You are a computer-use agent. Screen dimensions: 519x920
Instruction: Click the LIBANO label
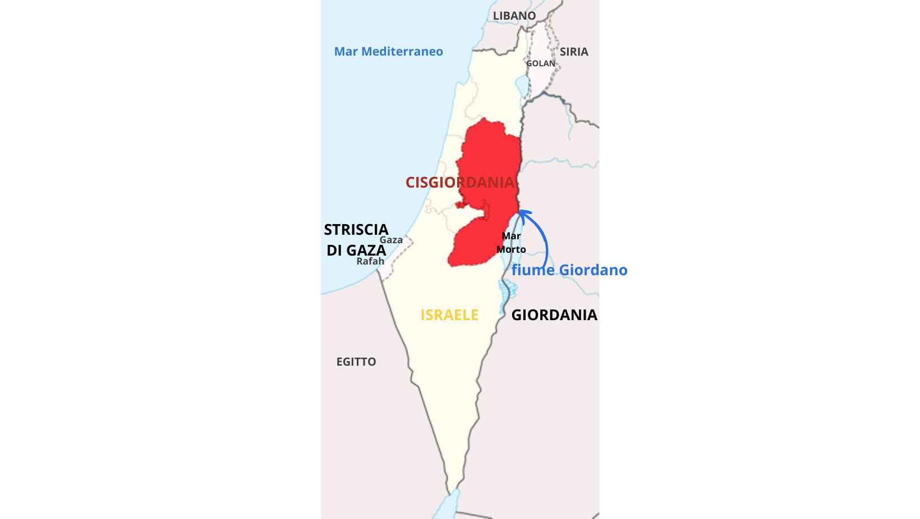coord(514,16)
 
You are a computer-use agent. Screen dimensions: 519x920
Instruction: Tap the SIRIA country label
coord(574,52)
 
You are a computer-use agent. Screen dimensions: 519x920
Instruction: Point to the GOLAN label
coord(541,63)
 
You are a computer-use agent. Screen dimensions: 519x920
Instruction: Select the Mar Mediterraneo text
coord(388,52)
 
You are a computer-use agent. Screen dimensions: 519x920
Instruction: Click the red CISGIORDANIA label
coord(459,183)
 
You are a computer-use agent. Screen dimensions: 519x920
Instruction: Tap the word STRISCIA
coord(356,230)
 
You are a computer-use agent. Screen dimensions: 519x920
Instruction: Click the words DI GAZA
coord(356,251)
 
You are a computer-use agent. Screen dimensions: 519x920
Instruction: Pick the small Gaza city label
coord(391,240)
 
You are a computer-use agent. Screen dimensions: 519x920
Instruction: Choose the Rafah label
coord(370,261)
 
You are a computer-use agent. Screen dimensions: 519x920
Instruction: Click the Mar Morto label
coord(511,243)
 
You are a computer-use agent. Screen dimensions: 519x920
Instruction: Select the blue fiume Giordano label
coord(569,270)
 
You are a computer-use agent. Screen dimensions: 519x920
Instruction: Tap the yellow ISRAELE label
coord(449,315)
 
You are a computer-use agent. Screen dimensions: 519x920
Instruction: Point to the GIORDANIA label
coord(554,315)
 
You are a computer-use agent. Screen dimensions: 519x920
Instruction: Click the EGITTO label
coord(356,362)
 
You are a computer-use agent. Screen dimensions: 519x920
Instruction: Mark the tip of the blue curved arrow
coord(521,212)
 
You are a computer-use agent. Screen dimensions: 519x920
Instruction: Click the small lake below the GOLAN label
coord(522,86)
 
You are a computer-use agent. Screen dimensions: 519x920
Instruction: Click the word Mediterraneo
coord(402,52)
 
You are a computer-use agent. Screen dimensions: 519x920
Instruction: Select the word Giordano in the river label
coord(593,270)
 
